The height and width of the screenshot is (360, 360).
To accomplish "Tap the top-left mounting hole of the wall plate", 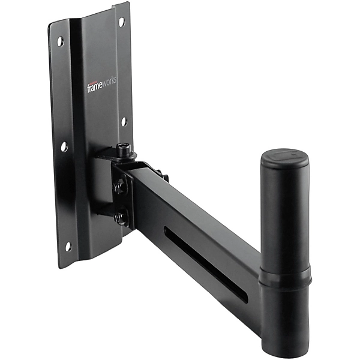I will (x=60, y=42).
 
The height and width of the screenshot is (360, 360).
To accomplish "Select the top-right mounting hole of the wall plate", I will (x=121, y=22).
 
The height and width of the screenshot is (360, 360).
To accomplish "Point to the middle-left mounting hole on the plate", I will (x=64, y=146).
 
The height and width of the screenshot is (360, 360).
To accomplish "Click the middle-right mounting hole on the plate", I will (x=124, y=122).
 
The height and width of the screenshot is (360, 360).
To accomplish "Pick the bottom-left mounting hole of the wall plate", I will (x=68, y=246).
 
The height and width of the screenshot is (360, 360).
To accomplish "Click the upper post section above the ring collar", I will (x=284, y=216).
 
